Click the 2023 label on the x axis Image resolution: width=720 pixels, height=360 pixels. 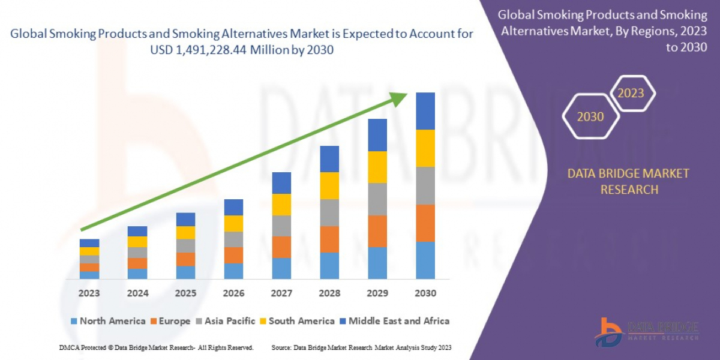(x=89, y=293)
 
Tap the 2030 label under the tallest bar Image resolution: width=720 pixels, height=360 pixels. (x=425, y=293)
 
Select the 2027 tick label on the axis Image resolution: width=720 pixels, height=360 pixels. (x=281, y=293)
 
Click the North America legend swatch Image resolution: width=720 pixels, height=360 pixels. (x=74, y=321)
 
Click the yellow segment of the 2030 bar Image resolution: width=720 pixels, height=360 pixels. (x=425, y=148)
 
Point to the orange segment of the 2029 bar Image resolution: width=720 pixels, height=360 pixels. (x=377, y=231)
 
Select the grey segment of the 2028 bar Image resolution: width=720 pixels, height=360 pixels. (x=329, y=212)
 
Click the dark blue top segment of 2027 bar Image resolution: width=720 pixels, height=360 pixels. (x=281, y=183)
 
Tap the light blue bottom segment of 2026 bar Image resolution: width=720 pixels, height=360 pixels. (x=233, y=271)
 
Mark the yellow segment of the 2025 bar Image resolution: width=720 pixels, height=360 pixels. (x=185, y=233)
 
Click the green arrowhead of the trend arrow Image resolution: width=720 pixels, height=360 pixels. (x=401, y=98)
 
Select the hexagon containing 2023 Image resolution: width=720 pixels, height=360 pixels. (x=631, y=94)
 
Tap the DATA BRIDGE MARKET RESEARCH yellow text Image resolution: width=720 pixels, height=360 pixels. (x=628, y=181)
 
